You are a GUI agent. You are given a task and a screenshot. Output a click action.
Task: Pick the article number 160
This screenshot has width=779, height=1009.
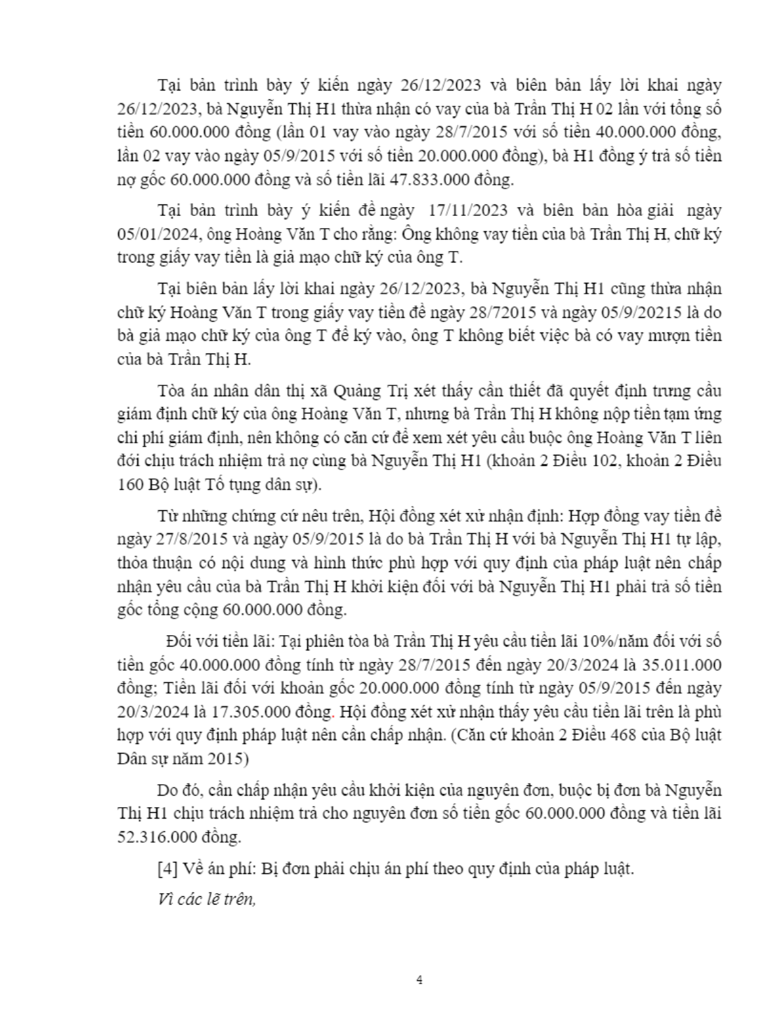tap(131, 484)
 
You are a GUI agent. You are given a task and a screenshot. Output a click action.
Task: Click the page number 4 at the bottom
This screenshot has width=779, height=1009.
tap(419, 980)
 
